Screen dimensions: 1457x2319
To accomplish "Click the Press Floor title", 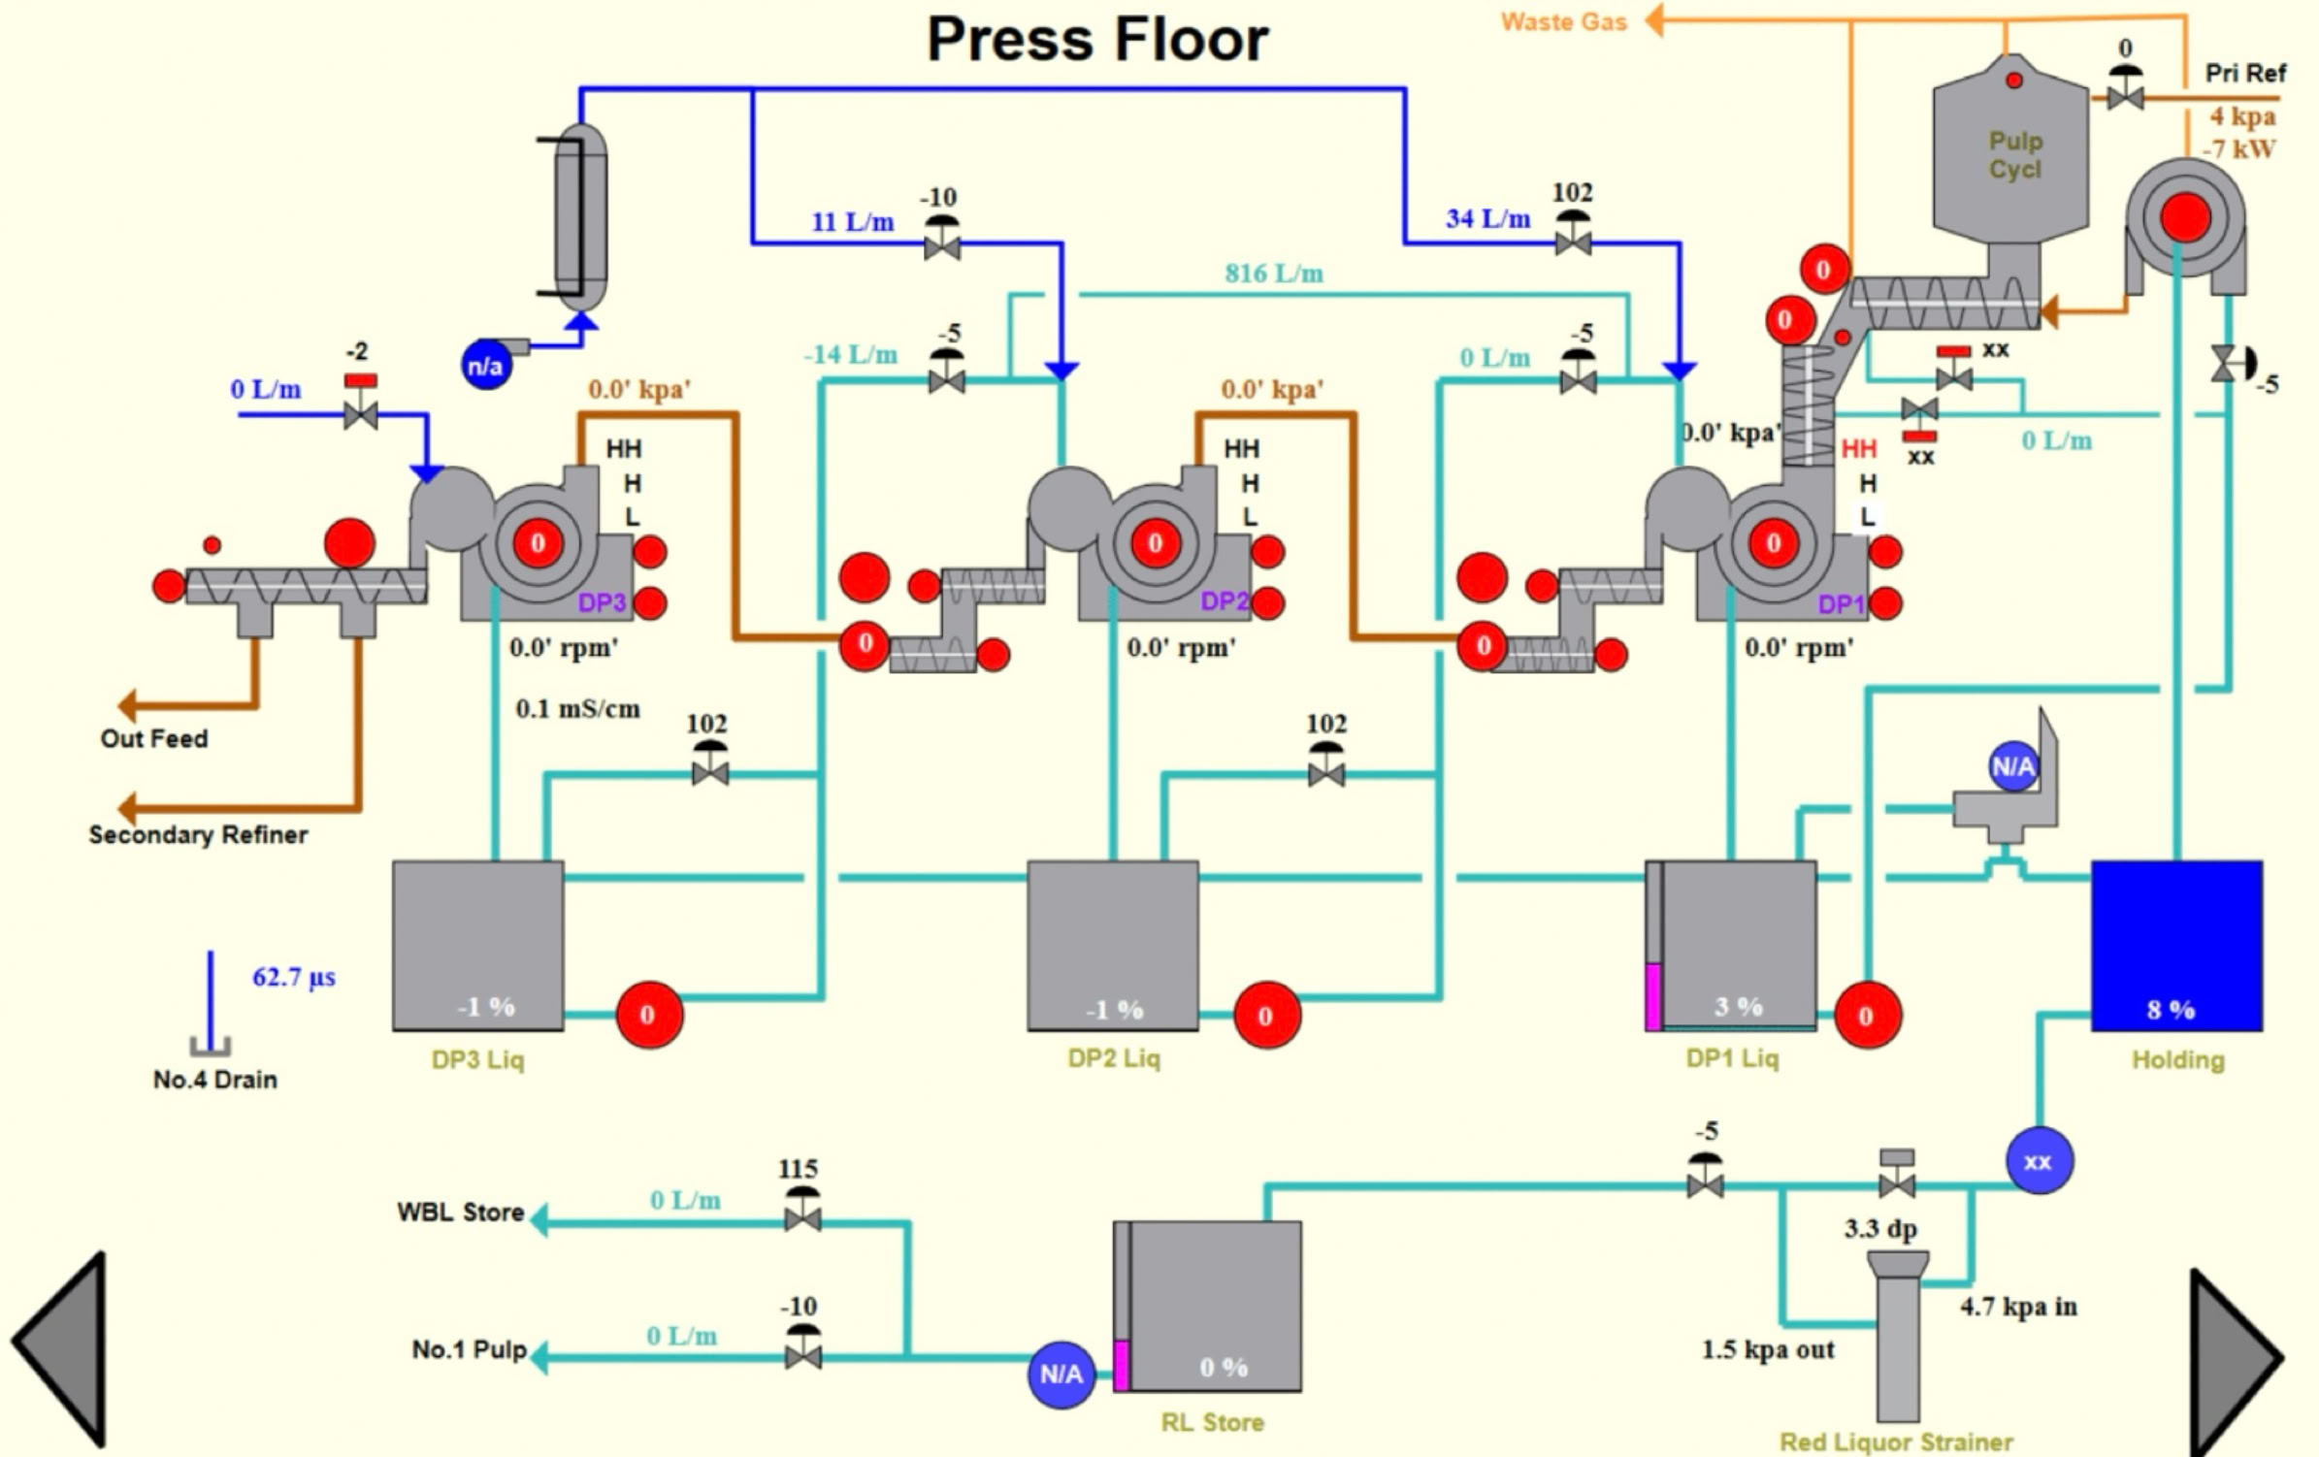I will tap(1097, 40).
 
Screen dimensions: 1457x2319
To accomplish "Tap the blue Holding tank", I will tap(2176, 945).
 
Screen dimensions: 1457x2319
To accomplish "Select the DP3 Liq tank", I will tap(477, 945).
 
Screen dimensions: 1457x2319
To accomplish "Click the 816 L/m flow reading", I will tap(1273, 274).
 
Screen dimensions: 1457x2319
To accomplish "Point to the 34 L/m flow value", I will tap(1487, 219).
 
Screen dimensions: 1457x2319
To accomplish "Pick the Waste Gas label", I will tap(1563, 22).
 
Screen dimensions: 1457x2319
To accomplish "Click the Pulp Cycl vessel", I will tap(2012, 155).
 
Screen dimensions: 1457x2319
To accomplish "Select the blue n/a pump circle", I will tap(485, 366).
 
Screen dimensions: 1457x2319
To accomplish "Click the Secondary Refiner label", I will tap(198, 835).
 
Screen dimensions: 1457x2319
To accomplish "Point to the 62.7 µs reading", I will tap(293, 977).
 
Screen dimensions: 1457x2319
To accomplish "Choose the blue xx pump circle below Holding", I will tap(2039, 1161).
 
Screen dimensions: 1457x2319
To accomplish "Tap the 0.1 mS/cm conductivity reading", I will tap(577, 709).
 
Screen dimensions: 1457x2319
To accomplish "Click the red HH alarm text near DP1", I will tap(1858, 449).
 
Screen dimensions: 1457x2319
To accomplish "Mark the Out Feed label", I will tap(153, 739).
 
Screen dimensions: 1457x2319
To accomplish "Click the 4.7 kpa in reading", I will tap(2018, 1307).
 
